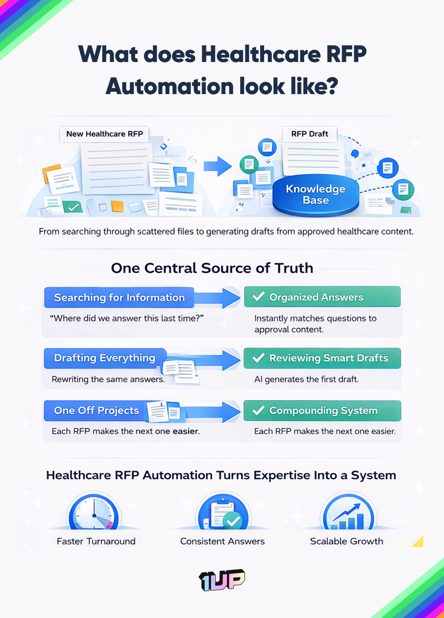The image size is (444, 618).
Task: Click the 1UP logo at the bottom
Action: click(x=222, y=580)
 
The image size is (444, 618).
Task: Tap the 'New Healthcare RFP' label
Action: click(x=104, y=134)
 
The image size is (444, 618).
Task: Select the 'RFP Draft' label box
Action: click(x=310, y=134)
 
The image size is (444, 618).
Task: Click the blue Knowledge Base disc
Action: click(x=316, y=195)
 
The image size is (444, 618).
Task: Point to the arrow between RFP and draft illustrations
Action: click(x=218, y=166)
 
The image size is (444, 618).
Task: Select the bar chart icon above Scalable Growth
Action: click(x=347, y=513)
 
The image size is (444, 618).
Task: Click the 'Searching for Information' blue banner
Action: click(x=119, y=298)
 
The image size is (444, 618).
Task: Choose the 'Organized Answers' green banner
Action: click(x=322, y=297)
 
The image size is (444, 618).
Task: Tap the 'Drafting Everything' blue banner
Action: click(x=104, y=358)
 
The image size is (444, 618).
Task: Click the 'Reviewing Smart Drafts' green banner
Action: click(x=322, y=358)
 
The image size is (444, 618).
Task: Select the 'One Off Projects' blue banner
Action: click(x=96, y=410)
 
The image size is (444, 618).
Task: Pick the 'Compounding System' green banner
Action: click(x=322, y=410)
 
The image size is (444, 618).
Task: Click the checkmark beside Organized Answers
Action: click(x=258, y=297)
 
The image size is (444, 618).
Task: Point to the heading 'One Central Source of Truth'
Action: click(x=212, y=268)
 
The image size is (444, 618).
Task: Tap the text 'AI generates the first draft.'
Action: click(x=306, y=379)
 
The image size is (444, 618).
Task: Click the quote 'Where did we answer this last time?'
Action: click(x=127, y=318)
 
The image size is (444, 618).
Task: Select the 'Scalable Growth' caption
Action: click(x=346, y=541)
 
